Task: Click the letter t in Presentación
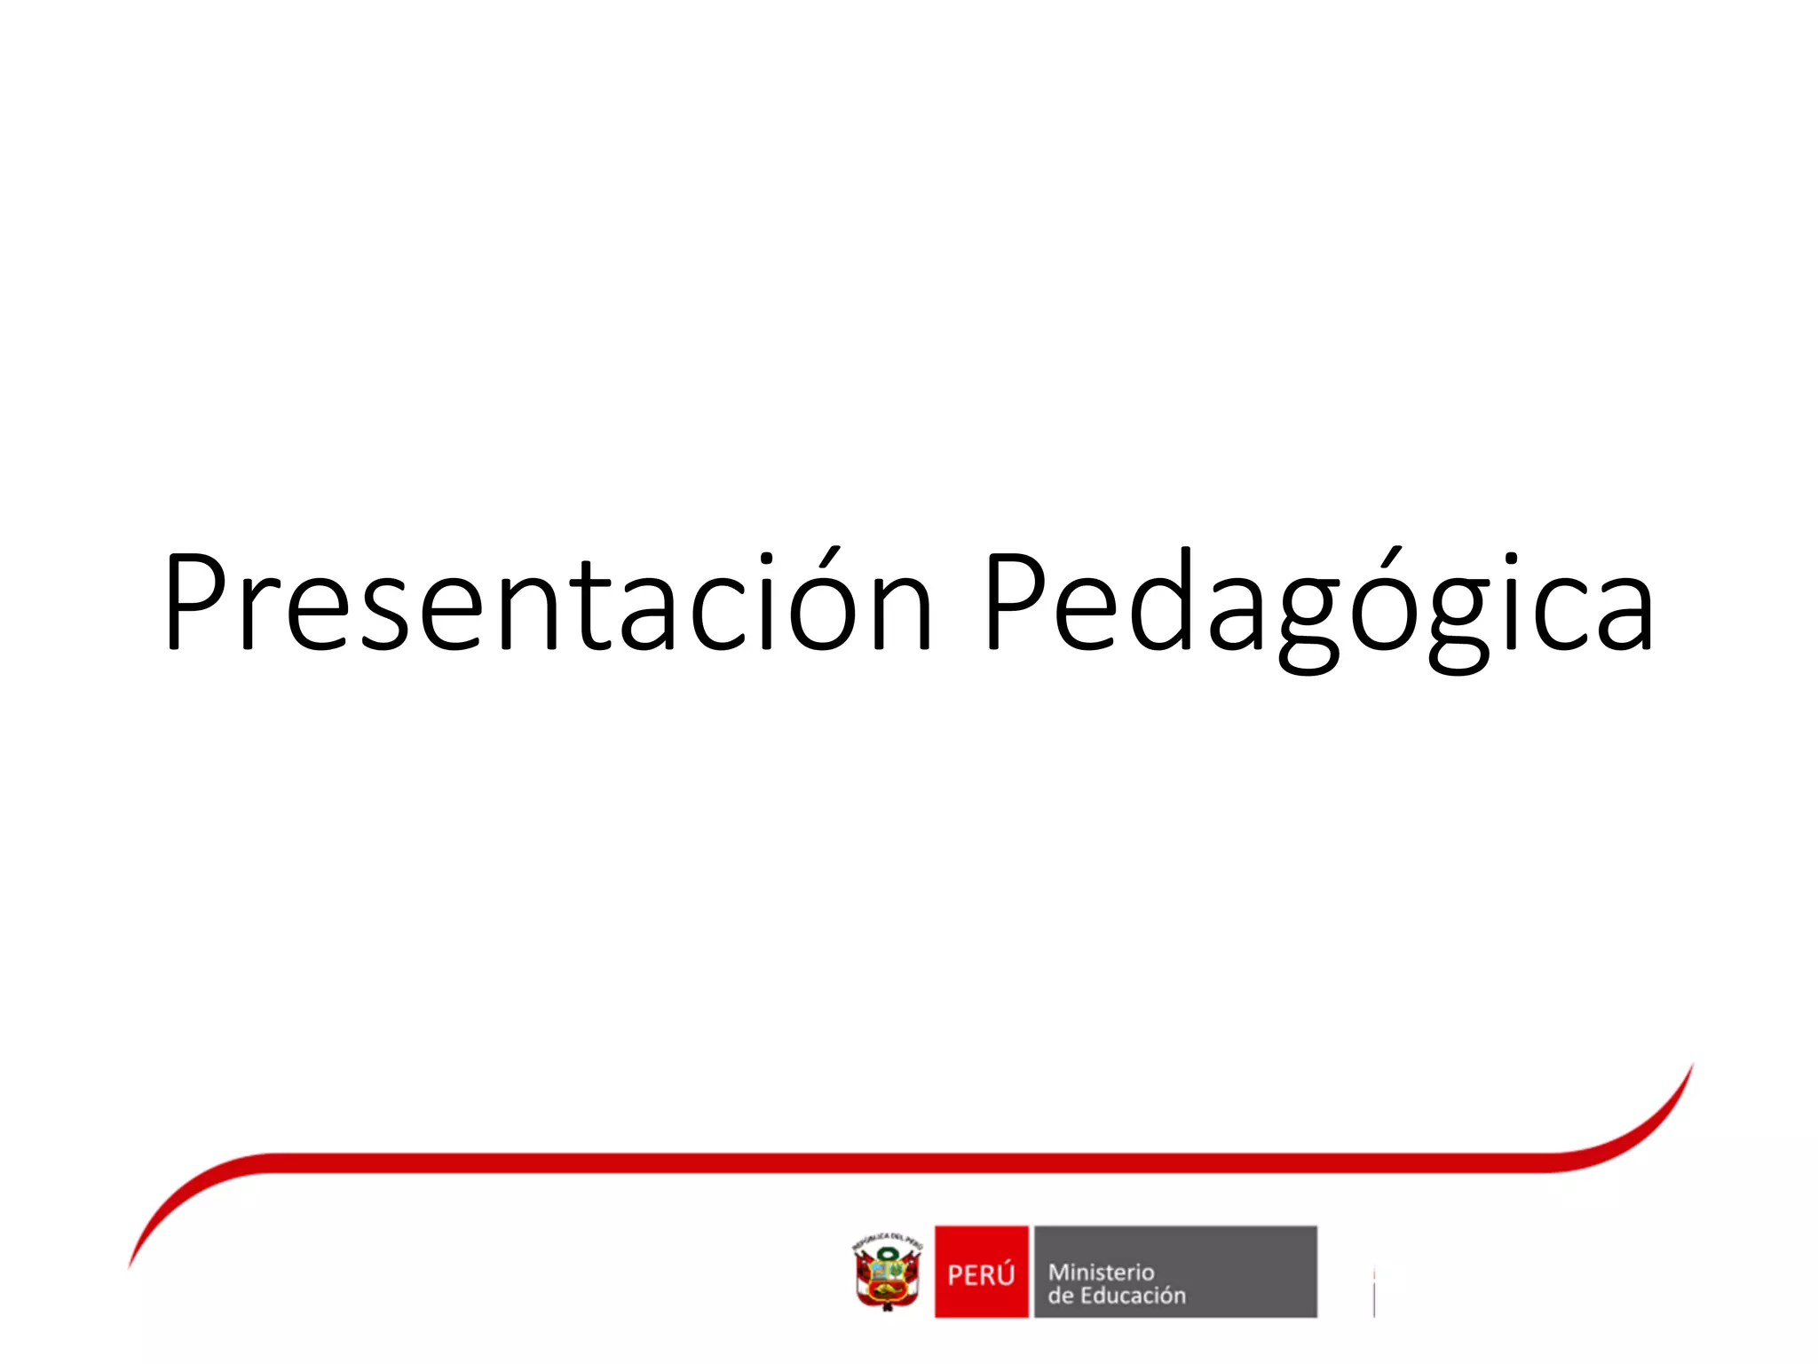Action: tap(589, 607)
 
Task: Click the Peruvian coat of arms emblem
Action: tap(887, 1275)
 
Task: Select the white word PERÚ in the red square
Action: tap(981, 1275)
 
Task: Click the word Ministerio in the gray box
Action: tap(1101, 1272)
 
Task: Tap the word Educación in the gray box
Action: tap(1133, 1296)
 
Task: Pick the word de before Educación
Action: tap(1060, 1296)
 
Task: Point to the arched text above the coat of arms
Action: tap(887, 1241)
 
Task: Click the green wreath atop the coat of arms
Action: tap(888, 1254)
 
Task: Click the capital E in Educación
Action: tap(1086, 1296)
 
